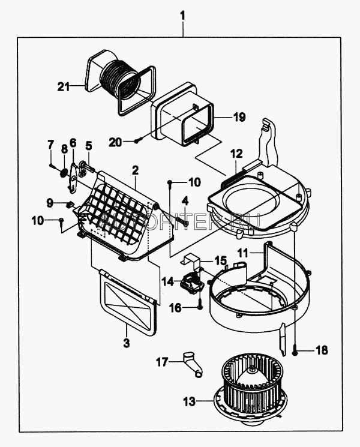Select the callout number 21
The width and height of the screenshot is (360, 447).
[64, 86]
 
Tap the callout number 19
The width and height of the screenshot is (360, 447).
[239, 118]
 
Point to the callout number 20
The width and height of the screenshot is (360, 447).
[116, 142]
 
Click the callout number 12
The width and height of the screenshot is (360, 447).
[235, 154]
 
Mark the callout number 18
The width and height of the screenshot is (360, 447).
[322, 350]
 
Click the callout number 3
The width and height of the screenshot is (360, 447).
[127, 343]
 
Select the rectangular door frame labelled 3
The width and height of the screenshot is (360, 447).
[128, 302]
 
